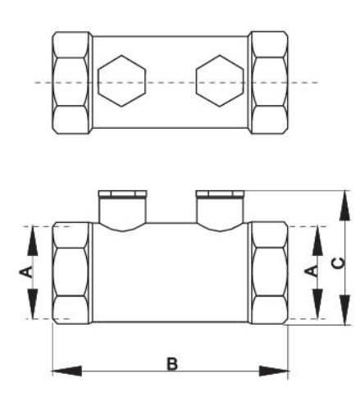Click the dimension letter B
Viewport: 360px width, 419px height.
(x=172, y=363)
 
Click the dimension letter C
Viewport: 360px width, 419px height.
(x=339, y=263)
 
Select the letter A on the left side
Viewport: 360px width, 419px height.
(x=26, y=271)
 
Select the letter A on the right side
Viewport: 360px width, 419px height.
(x=312, y=271)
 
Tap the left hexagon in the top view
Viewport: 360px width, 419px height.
(x=122, y=81)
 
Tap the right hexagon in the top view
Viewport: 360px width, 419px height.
(x=220, y=81)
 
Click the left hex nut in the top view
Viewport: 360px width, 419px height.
(x=71, y=83)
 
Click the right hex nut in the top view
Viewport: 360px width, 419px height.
(x=269, y=83)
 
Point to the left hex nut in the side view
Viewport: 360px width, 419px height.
(x=71, y=273)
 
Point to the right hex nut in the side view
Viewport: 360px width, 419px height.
(x=269, y=273)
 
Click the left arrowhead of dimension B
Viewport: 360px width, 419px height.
(x=66, y=371)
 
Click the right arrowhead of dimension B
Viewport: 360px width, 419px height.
(x=274, y=371)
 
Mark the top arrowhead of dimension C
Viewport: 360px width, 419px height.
(x=344, y=205)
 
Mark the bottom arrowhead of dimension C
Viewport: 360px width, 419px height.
(x=344, y=310)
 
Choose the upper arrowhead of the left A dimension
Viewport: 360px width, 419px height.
(x=33, y=241)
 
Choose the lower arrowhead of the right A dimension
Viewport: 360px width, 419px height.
(x=317, y=304)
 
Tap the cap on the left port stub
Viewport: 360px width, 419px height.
(x=122, y=194)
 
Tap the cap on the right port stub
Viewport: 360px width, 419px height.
(x=220, y=194)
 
